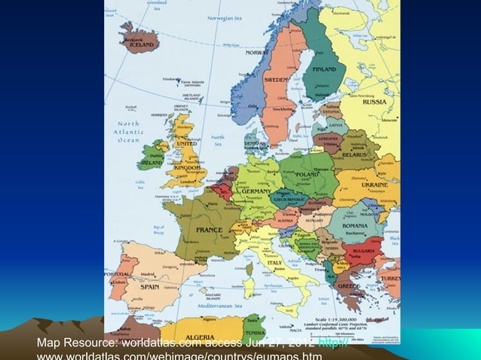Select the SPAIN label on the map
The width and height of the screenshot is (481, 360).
(149, 287)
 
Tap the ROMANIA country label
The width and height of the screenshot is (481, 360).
(354, 225)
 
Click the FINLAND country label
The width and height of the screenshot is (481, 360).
(325, 69)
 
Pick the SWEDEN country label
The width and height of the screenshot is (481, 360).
(275, 79)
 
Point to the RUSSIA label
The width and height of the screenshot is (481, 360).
(375, 102)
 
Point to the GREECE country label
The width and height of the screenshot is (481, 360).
(348, 286)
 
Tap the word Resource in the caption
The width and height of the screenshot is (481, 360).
(90, 345)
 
